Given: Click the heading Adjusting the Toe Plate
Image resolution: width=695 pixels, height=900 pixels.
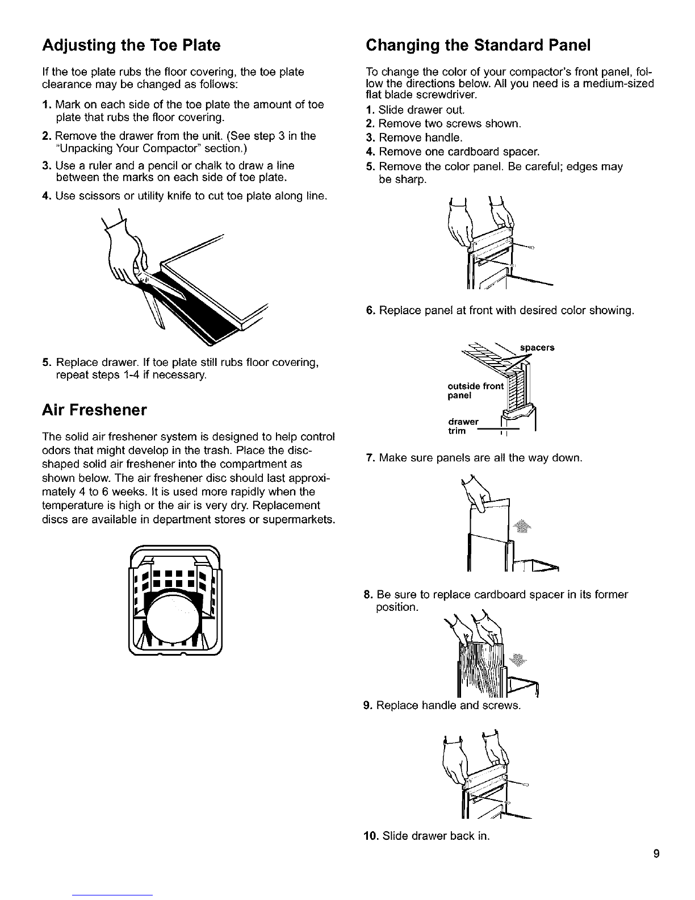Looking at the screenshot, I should [x=131, y=44].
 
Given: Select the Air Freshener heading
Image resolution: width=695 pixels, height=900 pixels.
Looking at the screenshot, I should [x=95, y=410].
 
